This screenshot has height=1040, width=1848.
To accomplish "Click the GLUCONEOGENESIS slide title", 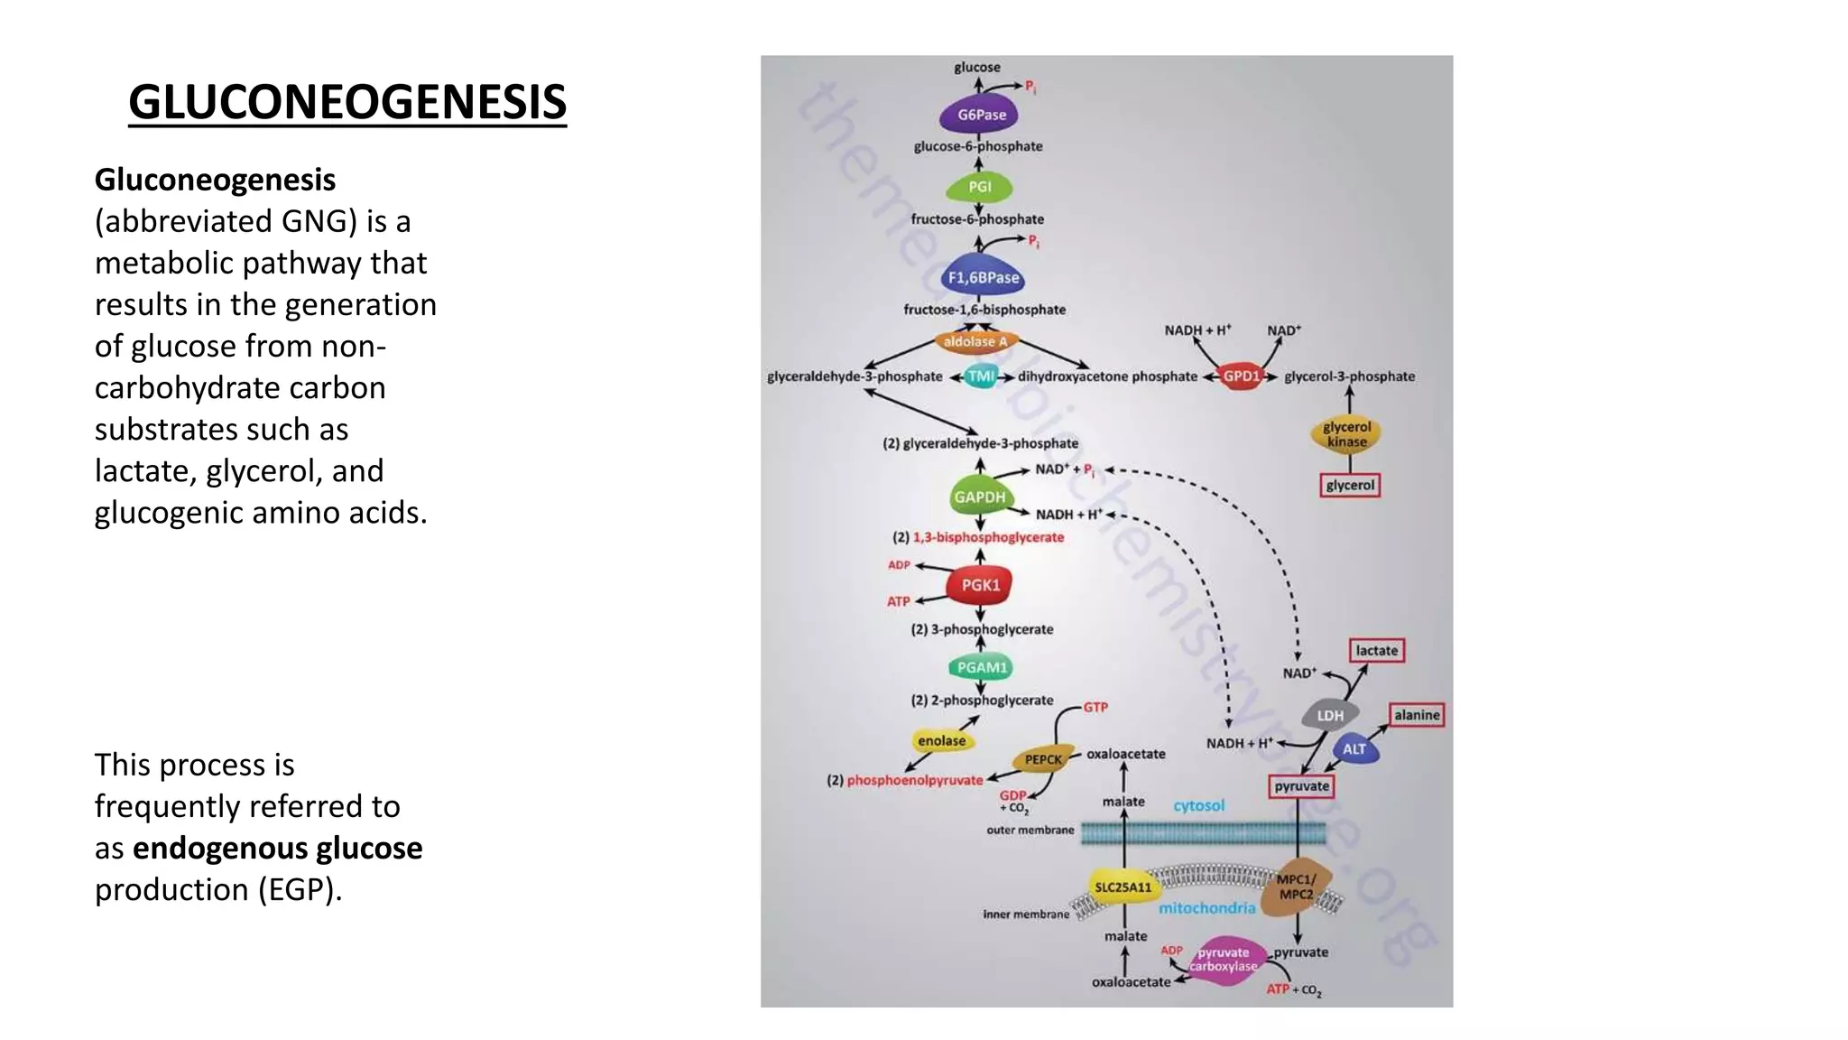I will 347,101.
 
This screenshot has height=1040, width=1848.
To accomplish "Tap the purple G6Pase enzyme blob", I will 980,115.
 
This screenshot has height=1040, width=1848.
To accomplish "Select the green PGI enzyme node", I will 979,187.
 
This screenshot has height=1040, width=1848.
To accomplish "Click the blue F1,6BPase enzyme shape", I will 983,277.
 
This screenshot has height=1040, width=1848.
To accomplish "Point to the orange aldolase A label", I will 975,341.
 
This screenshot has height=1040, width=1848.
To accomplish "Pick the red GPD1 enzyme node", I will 1241,376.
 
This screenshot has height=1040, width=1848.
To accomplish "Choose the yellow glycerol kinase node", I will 1346,434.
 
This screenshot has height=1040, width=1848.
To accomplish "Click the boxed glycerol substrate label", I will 1350,486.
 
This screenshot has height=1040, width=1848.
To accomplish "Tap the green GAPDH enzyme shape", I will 979,497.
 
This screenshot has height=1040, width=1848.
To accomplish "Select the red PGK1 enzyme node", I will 980,585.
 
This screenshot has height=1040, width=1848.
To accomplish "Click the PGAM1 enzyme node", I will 981,667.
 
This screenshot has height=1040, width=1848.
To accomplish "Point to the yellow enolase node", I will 942,740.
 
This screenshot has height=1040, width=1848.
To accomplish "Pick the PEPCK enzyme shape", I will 1043,759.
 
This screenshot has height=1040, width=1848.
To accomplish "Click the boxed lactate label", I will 1376,650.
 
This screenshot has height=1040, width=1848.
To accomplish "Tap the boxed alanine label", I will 1416,715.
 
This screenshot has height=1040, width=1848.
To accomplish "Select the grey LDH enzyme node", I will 1330,715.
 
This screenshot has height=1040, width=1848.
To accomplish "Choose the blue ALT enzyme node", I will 1354,749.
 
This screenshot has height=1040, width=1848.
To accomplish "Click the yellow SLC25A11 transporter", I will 1123,887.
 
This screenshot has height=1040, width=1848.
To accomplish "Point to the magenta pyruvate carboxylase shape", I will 1224,960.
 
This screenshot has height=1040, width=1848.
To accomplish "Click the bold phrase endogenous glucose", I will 277,849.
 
